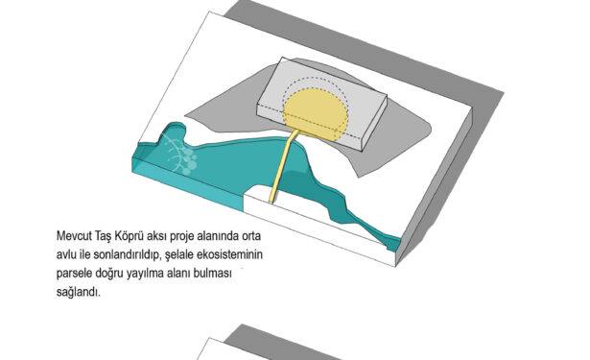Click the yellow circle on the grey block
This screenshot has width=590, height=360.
tap(316, 114)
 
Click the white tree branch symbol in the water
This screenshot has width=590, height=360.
tap(179, 156)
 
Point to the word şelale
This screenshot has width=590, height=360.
tap(179, 255)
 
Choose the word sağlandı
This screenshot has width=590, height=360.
tap(79, 292)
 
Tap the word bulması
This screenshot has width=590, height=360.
tap(212, 274)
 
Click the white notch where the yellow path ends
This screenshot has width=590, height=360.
tap(260, 194)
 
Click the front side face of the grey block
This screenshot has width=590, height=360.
tap(309, 127)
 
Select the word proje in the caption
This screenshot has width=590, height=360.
tap(180, 237)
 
